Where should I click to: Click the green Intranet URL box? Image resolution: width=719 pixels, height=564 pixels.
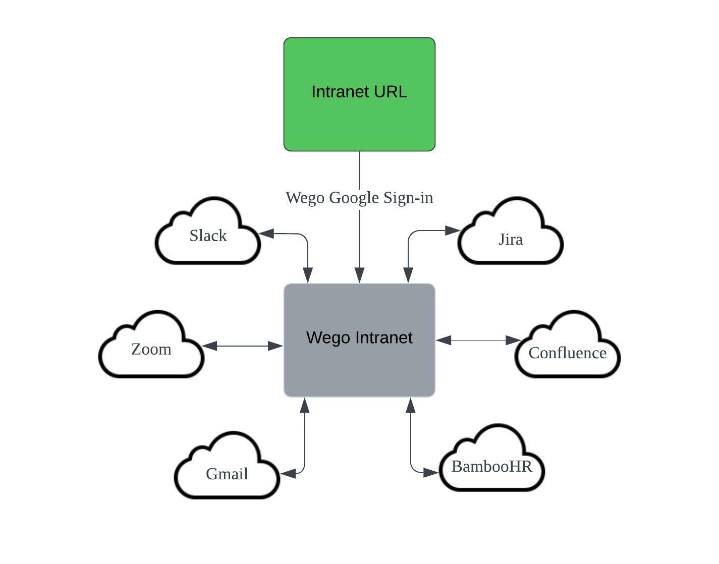359,94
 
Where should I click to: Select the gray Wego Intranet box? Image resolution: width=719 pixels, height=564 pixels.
359,340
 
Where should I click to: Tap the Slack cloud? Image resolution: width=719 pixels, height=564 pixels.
208,232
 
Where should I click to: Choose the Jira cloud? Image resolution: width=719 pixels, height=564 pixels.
511,232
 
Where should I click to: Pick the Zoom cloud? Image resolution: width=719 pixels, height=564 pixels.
151,345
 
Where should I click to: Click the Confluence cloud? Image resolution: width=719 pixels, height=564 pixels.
568,345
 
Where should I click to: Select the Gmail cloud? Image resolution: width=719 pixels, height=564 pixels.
227,466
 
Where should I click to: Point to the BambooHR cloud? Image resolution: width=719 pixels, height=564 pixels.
491,459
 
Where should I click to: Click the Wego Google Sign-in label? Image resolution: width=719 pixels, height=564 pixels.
359,198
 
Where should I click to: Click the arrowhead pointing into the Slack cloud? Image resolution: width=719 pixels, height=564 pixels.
266,233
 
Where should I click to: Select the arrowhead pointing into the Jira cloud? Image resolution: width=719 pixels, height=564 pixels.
452,231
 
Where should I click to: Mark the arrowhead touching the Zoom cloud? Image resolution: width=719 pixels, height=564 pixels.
209,346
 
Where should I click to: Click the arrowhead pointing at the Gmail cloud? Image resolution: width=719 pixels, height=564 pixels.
288,474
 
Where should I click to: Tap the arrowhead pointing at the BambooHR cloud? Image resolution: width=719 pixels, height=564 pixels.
431,473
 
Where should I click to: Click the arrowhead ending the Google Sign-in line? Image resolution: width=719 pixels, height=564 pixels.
360,275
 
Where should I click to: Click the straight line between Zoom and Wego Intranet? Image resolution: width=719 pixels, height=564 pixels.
243,346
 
